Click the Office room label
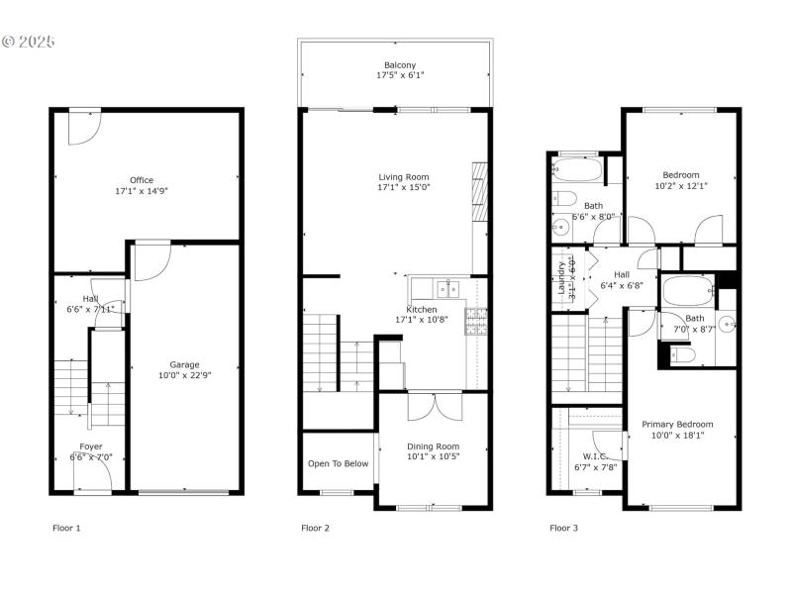click(x=142, y=180)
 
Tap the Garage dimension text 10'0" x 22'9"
click(x=185, y=375)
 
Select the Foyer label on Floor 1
click(x=91, y=446)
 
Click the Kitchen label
click(x=422, y=310)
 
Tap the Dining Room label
click(x=434, y=445)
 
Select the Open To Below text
click(x=338, y=463)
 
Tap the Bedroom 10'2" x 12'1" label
click(x=681, y=175)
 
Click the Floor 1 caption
click(x=66, y=528)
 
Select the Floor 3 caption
click(x=563, y=528)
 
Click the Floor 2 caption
click(x=315, y=528)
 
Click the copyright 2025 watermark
click(x=29, y=43)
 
